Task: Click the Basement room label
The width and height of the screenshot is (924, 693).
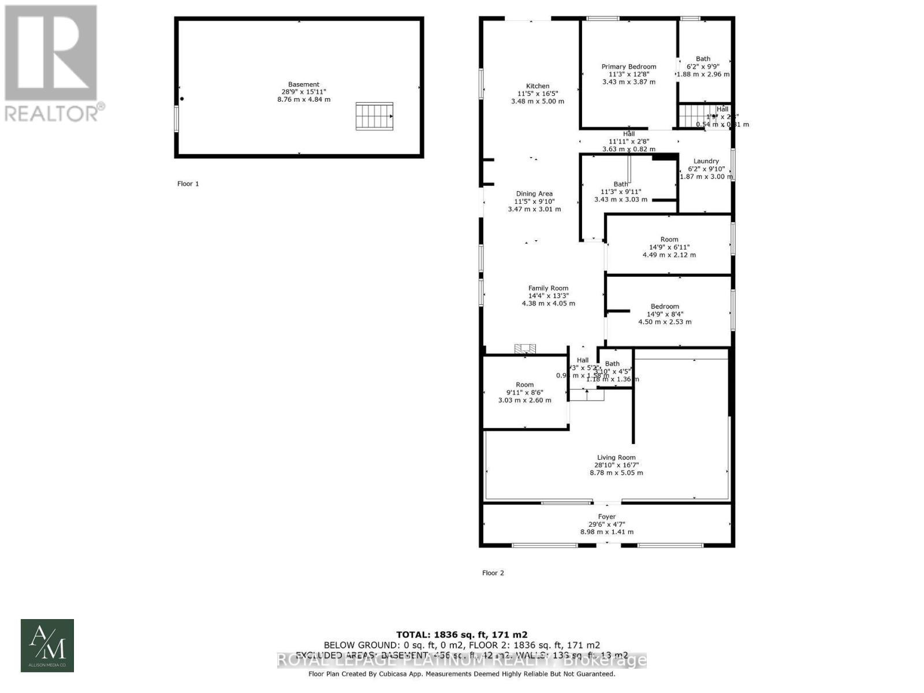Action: (x=304, y=84)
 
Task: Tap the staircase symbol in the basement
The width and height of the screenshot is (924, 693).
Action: (x=374, y=116)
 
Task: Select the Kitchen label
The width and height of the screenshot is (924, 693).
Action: (x=538, y=86)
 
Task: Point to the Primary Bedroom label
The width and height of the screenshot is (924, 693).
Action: (x=629, y=66)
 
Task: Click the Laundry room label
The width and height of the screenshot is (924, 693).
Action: (x=706, y=161)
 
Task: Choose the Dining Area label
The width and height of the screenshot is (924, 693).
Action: (x=534, y=194)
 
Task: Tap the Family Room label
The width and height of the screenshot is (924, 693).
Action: (x=548, y=288)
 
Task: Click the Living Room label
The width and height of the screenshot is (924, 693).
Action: (x=616, y=457)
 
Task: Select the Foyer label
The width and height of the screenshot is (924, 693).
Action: (x=607, y=517)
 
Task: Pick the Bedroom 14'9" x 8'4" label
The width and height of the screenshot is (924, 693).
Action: (x=665, y=307)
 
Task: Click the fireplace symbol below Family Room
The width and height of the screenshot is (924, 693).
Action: (x=526, y=348)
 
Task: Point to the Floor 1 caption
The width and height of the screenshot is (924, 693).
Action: (x=188, y=184)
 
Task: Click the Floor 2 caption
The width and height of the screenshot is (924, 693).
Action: (x=493, y=573)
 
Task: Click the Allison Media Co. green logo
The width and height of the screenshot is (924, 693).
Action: (x=47, y=646)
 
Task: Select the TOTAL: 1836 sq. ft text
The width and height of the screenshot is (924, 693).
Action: (x=461, y=634)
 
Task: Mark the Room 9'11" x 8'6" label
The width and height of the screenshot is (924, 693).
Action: (x=525, y=385)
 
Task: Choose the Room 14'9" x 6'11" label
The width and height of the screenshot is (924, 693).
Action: (x=669, y=240)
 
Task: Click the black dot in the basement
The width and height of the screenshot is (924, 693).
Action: (x=182, y=99)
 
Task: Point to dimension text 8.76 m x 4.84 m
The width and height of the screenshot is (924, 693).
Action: (x=304, y=99)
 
